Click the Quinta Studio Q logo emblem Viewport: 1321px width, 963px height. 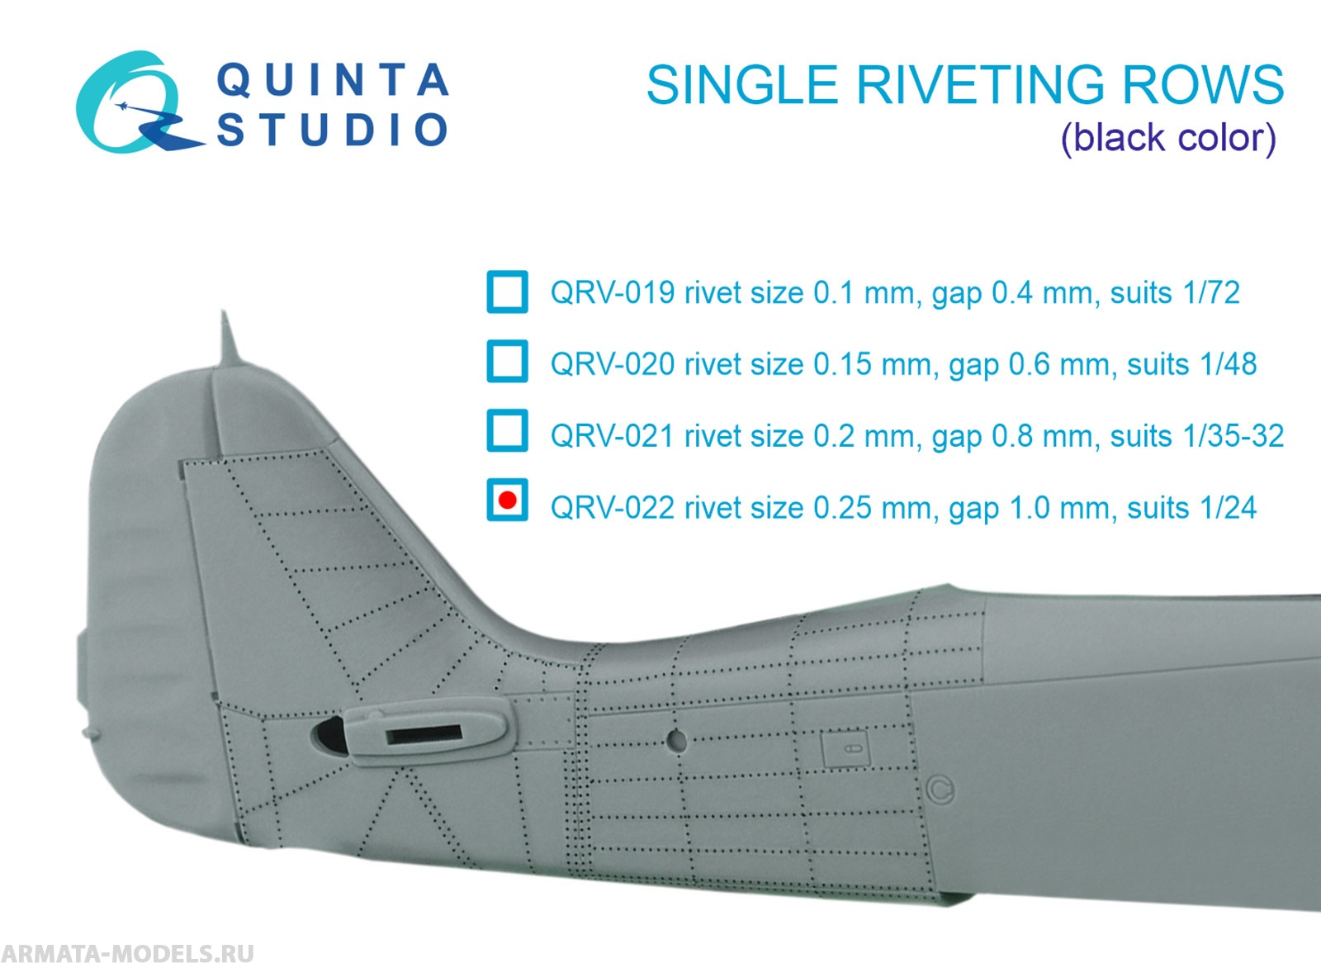point(132,105)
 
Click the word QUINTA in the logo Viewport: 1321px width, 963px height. point(333,81)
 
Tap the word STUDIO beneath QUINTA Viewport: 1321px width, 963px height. point(333,130)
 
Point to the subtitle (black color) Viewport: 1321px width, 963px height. point(1168,138)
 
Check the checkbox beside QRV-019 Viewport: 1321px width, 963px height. point(507,292)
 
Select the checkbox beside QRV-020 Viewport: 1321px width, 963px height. point(507,362)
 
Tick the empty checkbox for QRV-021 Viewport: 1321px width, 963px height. point(507,431)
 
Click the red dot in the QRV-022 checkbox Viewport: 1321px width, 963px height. point(508,500)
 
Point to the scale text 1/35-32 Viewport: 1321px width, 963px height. point(1233,435)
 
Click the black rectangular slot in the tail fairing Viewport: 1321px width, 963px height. point(424,733)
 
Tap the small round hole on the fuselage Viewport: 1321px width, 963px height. point(676,740)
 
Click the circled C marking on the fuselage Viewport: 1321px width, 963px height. point(940,790)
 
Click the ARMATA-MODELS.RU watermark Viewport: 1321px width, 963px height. point(128,952)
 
